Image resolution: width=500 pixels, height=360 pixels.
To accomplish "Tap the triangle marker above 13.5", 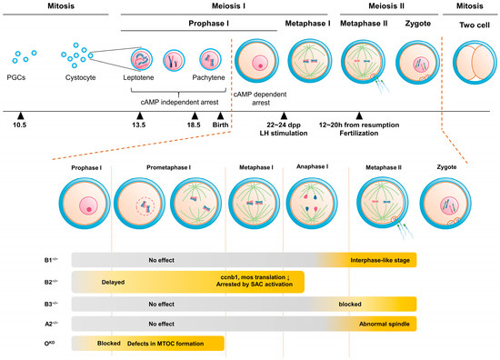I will click(x=139, y=115).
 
